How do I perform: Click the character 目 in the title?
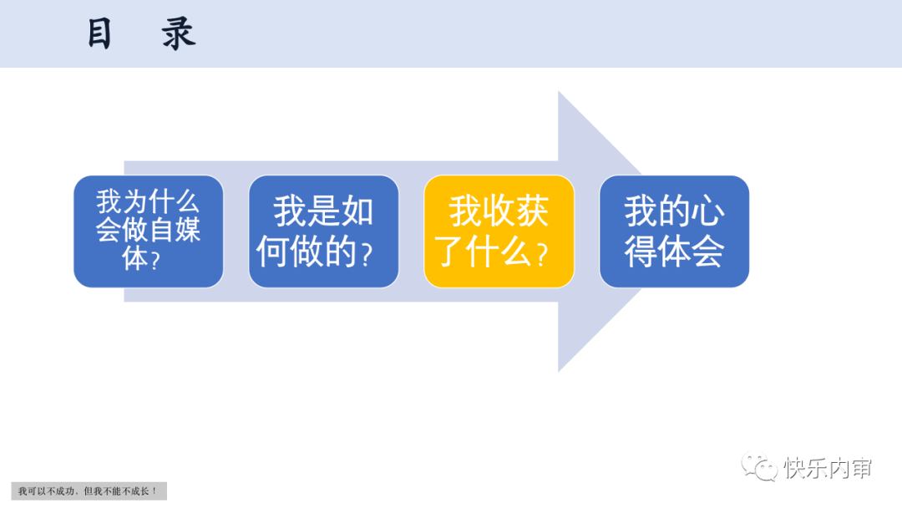click(100, 34)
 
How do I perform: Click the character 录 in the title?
click(180, 34)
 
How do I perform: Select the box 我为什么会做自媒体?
click(149, 231)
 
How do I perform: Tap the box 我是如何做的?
click(324, 231)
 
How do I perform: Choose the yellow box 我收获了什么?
click(499, 231)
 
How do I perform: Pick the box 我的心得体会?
click(674, 231)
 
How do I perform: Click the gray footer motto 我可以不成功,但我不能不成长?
click(89, 491)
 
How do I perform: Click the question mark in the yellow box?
click(542, 255)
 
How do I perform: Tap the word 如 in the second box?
click(357, 212)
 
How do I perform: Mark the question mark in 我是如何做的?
click(366, 255)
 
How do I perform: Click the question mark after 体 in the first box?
click(155, 260)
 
